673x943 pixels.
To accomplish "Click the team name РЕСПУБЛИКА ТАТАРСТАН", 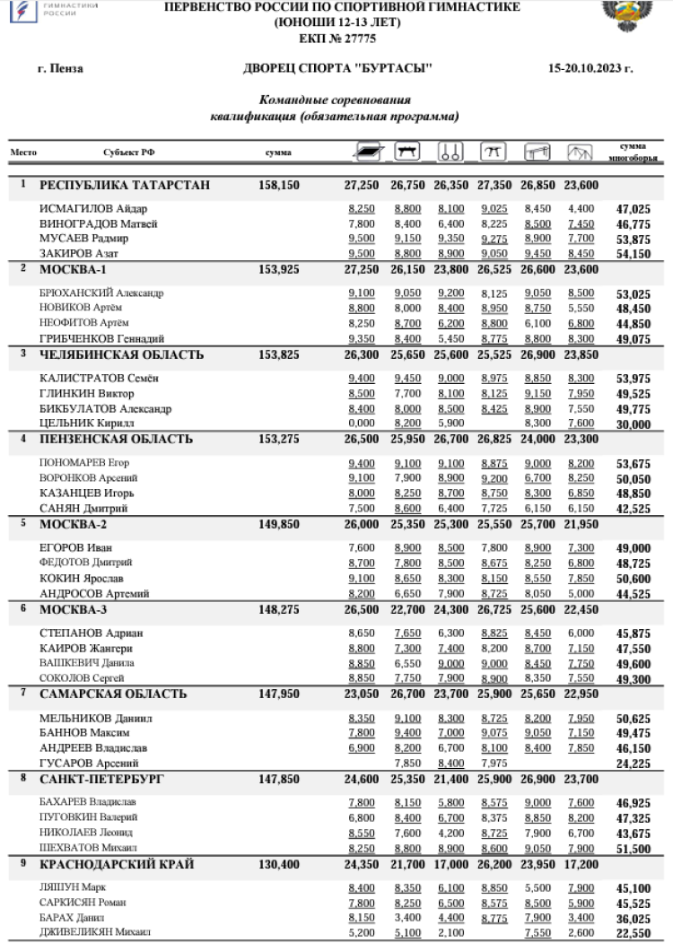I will point(125,186).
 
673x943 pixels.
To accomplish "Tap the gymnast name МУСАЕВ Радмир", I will point(83,239).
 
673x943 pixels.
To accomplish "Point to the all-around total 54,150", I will point(634,254).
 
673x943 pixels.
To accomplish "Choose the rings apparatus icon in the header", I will point(450,152).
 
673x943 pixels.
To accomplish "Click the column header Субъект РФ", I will point(128,153).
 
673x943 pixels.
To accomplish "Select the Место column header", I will point(23,153).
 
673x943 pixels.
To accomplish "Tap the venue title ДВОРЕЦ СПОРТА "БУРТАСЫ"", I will point(337,69).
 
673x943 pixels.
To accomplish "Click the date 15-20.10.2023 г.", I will point(590,69).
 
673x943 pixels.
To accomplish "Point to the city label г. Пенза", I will point(60,69).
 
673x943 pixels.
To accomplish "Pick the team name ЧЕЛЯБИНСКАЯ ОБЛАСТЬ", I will point(121,354).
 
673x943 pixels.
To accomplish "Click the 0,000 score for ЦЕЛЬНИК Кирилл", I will point(362,423).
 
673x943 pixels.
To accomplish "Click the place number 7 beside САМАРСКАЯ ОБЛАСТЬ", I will point(23,694).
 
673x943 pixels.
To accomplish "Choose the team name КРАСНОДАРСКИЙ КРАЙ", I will point(116,864).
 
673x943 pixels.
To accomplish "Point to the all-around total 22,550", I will point(634,932).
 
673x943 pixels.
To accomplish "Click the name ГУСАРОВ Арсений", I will point(82,763).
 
